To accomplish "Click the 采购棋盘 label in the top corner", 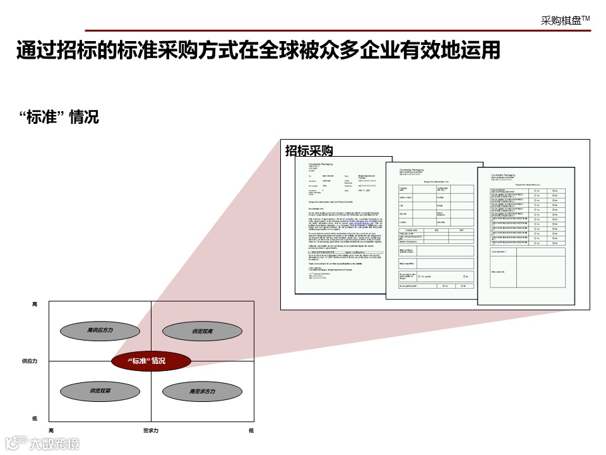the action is [565, 20].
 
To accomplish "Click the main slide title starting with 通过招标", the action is [258, 51].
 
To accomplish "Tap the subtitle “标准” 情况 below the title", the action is [59, 117].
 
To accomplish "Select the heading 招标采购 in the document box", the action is [309, 150].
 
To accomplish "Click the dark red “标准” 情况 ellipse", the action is [151, 361].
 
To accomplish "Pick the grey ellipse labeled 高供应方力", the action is [100, 331].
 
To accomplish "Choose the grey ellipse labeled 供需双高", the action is [202, 331].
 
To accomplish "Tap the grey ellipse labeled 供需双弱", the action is [100, 391].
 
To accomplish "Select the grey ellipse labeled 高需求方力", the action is [202, 392].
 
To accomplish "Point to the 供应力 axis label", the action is [29, 361].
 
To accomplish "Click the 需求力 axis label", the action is [151, 430].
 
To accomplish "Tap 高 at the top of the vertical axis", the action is [35, 305].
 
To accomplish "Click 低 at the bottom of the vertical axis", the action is [35, 418].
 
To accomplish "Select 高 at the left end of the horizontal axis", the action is [51, 430].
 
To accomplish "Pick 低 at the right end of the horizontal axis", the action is [251, 430].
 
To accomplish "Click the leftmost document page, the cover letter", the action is [341, 227].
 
